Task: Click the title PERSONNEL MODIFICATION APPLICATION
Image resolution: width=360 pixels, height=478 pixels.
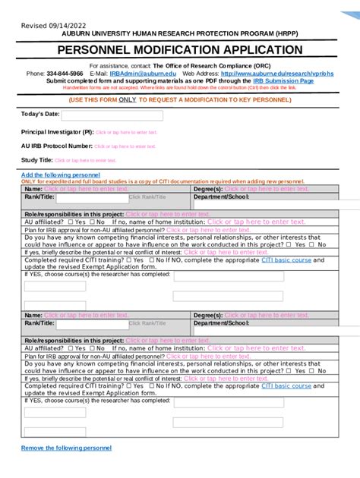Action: point(179,50)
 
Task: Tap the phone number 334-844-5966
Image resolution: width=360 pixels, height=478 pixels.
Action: point(65,74)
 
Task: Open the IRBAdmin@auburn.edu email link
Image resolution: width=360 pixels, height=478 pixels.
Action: point(135,74)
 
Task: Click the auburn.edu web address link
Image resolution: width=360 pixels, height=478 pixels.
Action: point(267,74)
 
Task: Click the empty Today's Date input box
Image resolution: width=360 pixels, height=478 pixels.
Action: point(112,116)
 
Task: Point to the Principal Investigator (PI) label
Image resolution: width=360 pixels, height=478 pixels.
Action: point(57,132)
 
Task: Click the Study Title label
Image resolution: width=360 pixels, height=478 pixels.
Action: point(36,160)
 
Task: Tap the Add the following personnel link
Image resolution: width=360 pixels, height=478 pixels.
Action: point(60,175)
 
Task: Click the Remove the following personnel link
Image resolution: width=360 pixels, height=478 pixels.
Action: point(66,448)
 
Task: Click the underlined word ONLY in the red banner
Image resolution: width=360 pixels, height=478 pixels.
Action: point(128,99)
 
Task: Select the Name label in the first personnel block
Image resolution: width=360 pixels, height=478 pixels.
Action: point(33,188)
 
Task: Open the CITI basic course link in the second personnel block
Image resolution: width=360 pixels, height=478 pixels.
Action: point(286,385)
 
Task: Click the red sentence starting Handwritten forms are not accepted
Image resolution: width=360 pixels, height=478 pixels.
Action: point(179,87)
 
